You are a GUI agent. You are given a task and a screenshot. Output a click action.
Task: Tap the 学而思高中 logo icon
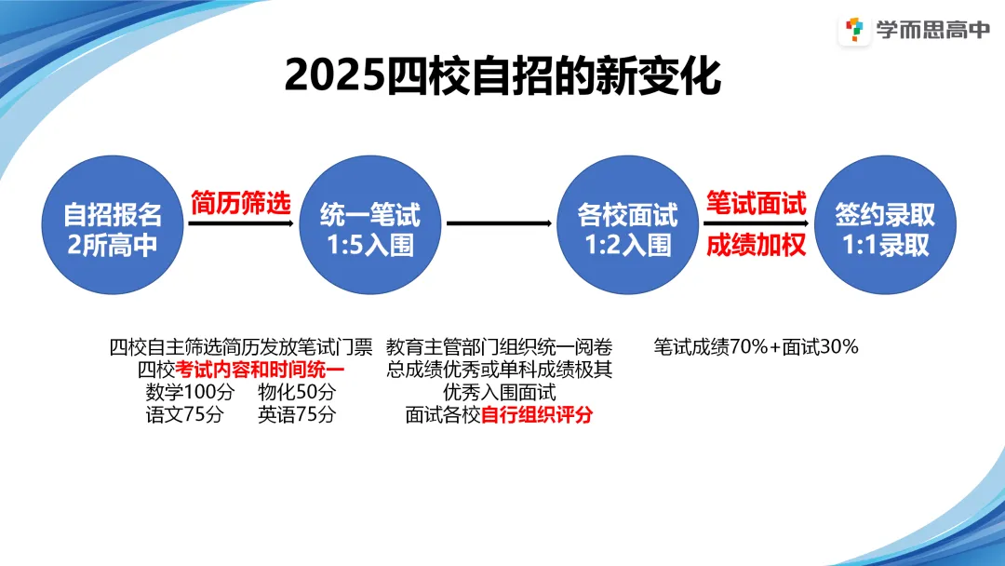[853, 31]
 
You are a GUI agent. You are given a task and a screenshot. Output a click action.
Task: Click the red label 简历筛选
[241, 202]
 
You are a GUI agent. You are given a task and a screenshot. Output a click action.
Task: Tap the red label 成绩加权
[756, 246]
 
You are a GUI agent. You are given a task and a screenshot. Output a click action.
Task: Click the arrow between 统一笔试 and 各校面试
[499, 223]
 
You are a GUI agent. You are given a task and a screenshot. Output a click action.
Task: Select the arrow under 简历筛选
[241, 223]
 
